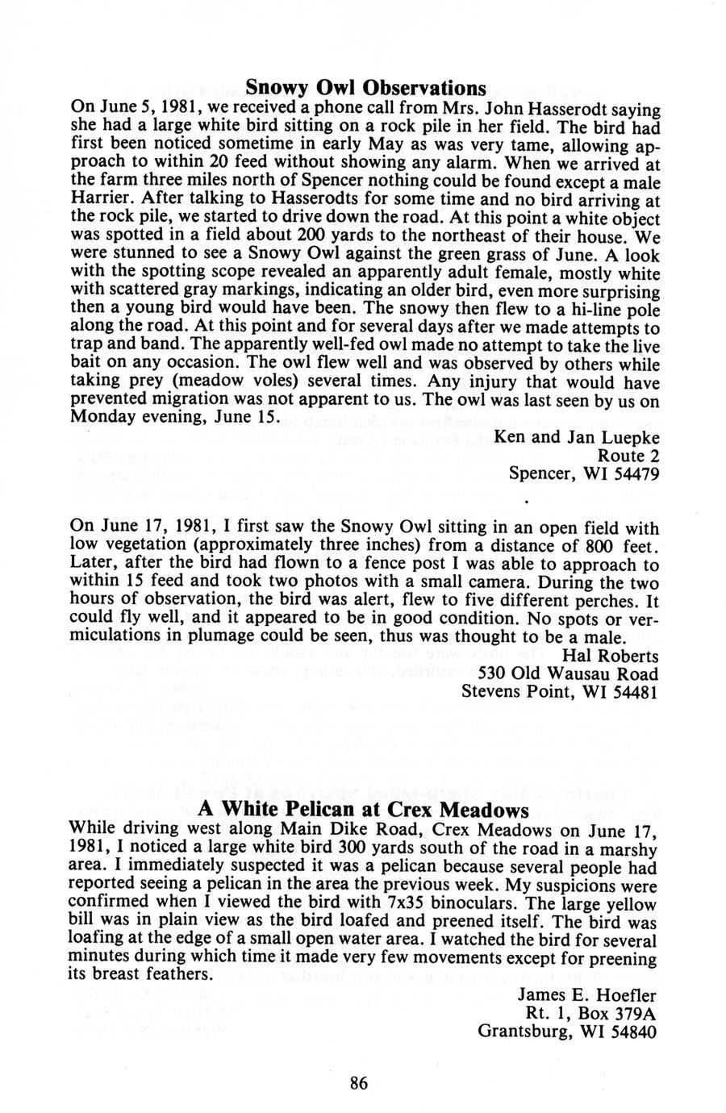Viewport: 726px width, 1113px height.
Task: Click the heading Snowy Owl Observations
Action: pos(365,87)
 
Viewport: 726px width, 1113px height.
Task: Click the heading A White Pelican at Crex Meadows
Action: pos(363,809)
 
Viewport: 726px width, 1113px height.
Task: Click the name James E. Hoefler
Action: pos(586,994)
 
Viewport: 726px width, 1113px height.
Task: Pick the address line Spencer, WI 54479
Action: pos(584,474)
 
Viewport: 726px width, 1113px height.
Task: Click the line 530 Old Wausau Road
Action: pos(569,673)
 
